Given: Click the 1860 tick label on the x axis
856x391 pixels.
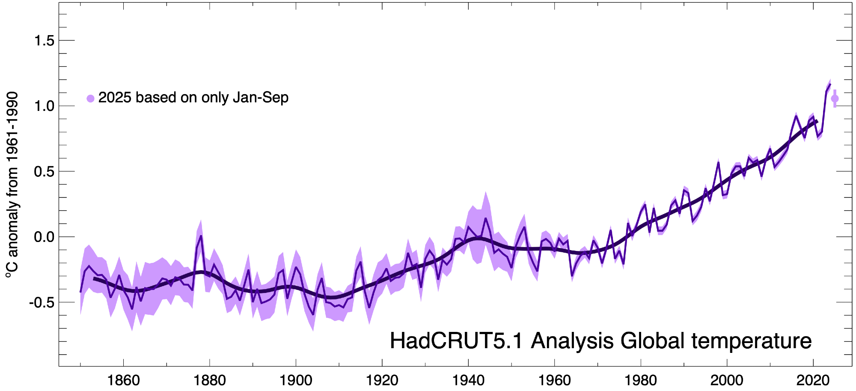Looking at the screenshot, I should (123, 380).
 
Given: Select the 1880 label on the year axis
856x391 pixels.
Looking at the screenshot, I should (210, 380).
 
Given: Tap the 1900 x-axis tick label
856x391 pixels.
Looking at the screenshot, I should (296, 380).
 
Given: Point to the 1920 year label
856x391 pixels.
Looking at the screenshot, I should (382, 380).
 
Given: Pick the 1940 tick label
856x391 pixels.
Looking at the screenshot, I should (468, 380).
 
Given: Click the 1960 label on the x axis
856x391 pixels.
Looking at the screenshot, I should (555, 380).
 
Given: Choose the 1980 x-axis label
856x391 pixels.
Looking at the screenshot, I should (641, 380).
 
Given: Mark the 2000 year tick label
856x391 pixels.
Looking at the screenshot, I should (727, 380).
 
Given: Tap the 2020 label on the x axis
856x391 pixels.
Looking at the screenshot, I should (813, 380).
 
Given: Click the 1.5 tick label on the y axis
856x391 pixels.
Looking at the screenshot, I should (45, 41).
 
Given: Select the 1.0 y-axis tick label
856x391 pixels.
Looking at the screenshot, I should (45, 106).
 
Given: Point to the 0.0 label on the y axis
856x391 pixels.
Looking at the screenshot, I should (45, 237).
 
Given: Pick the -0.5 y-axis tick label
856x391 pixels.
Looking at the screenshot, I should (42, 303).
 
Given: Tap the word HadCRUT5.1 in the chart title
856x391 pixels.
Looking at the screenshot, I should (456, 341).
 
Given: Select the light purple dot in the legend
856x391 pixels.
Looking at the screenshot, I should (90, 98).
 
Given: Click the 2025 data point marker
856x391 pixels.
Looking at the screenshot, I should (835, 98).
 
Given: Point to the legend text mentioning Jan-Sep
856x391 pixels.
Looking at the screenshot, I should (193, 98).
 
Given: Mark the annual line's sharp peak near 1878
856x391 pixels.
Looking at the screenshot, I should (201, 236).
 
